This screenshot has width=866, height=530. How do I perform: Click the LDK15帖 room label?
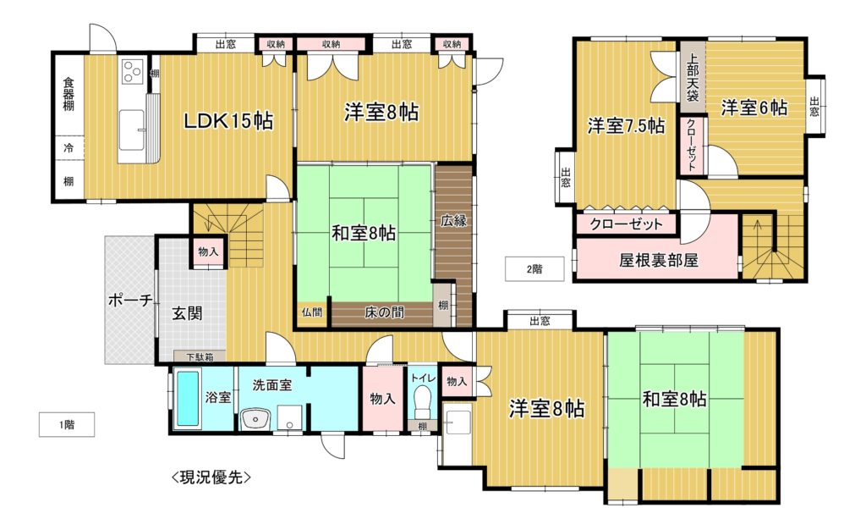click(228, 120)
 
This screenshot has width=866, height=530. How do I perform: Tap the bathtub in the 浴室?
click(187, 398)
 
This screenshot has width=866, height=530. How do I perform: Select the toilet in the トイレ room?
click(423, 400)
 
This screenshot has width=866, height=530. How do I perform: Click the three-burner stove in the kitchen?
click(132, 71)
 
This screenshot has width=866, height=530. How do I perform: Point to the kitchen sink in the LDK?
click(132, 130)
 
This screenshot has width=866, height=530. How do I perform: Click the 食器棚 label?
click(69, 94)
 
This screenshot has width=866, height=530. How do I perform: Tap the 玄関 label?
click(187, 313)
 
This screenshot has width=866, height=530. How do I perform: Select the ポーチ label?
click(130, 301)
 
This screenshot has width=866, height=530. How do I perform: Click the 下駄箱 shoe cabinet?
click(200, 357)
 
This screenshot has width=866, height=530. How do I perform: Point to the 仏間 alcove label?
click(312, 312)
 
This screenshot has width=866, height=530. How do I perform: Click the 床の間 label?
click(384, 312)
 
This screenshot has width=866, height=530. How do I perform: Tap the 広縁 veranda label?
click(453, 220)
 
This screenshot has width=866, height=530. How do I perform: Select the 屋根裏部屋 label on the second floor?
click(658, 260)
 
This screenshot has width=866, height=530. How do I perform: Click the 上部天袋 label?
click(693, 77)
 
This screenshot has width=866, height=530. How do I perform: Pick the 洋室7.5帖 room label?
click(626, 126)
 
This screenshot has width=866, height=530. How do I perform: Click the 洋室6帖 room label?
click(754, 108)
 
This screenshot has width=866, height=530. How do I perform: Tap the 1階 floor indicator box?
click(67, 425)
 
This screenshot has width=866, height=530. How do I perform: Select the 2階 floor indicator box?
click(534, 269)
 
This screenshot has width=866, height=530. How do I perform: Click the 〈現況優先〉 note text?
click(211, 477)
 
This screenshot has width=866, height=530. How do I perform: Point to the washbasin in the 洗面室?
click(255, 418)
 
